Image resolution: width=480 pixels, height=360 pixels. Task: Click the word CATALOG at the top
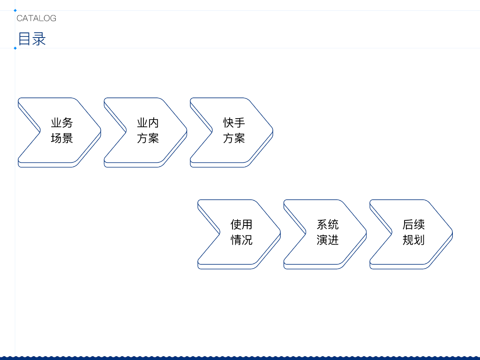(36, 18)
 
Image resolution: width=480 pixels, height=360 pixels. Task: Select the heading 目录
(32, 39)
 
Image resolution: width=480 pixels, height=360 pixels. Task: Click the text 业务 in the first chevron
(62, 123)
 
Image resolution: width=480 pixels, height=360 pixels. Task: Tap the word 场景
(62, 138)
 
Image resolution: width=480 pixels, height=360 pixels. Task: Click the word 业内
(148, 123)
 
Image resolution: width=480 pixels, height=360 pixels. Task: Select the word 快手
(234, 123)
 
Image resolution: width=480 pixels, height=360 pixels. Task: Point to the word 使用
(241, 225)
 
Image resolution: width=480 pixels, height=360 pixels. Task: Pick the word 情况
(241, 240)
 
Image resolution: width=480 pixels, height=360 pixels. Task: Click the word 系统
(328, 225)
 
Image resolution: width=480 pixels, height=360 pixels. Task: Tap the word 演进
(328, 240)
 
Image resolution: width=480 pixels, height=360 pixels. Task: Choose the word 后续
(413, 225)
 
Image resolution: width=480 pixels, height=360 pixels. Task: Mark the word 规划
(413, 240)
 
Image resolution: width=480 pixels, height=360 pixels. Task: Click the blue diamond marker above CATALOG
(15, 10)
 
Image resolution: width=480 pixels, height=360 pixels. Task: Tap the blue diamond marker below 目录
(15, 48)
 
